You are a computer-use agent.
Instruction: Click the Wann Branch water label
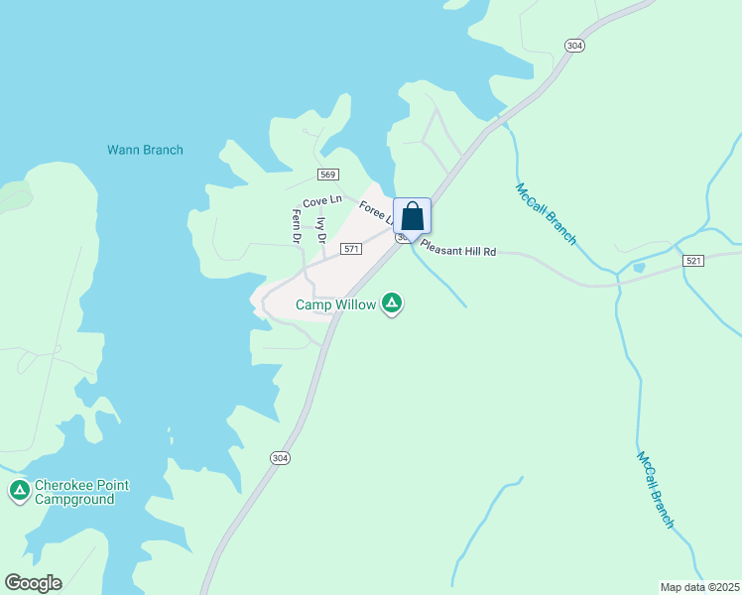145,151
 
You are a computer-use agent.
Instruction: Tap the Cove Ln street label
322,201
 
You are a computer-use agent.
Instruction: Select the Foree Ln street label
376,212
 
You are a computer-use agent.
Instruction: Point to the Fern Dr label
296,226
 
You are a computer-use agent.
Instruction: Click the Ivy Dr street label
320,230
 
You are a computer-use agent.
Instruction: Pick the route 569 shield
328,175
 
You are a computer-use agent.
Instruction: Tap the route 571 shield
349,249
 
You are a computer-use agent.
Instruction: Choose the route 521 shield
693,260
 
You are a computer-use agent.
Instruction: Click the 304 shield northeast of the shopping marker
573,46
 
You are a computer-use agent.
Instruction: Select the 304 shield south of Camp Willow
280,457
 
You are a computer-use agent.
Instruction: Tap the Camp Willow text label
336,305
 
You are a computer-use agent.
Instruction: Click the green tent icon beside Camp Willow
393,303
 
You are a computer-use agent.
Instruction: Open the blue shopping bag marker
412,216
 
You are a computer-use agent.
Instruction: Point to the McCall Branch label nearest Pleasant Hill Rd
546,213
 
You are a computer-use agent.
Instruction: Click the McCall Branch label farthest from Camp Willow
656,490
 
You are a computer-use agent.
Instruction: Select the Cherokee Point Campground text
81,493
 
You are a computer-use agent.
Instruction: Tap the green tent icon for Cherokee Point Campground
19,490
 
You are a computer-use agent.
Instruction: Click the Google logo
33,583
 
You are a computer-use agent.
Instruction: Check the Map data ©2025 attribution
698,587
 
